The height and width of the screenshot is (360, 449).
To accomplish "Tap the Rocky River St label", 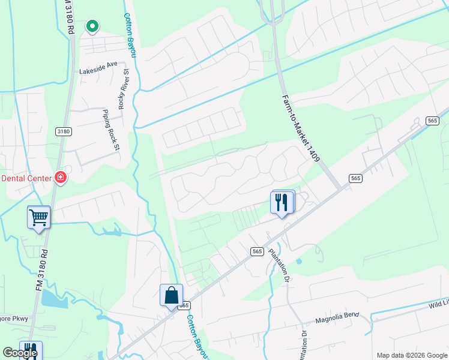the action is (123, 89).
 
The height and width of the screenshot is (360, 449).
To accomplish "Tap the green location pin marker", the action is (92, 26).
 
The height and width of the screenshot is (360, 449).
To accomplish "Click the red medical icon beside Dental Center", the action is (60, 178).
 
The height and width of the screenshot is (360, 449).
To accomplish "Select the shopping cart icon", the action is (39, 217).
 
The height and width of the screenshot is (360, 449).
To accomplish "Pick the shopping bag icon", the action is (171, 295).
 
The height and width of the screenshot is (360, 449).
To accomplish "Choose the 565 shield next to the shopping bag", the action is (183, 305).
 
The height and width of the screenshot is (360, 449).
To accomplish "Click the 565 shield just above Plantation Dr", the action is (258, 251).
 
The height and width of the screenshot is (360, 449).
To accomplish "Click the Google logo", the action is (20, 353).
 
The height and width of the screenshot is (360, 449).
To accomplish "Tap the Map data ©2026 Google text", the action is (411, 355).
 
